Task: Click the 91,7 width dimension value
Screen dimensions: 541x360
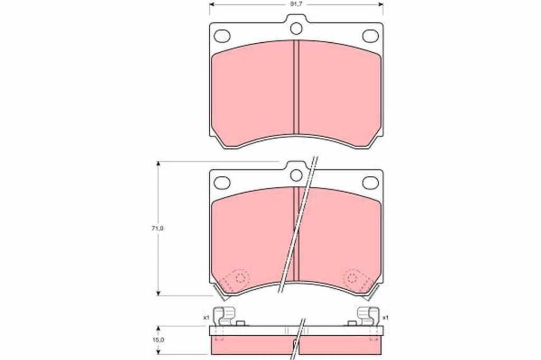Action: click(296, 5)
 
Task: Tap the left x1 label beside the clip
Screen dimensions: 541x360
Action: click(207, 318)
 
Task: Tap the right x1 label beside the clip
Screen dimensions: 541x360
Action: click(386, 318)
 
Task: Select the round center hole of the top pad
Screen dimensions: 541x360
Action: click(296, 29)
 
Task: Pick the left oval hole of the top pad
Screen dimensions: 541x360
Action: click(222, 36)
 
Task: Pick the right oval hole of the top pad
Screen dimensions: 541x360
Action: click(370, 36)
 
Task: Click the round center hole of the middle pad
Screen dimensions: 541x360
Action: click(296, 176)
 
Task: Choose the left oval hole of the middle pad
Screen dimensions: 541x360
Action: click(222, 183)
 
